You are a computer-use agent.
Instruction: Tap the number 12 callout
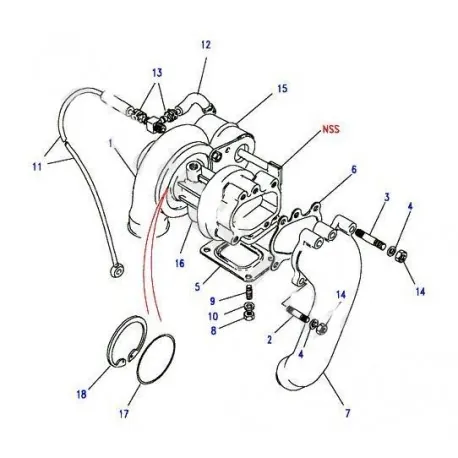(x=206, y=45)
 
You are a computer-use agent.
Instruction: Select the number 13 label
(x=157, y=74)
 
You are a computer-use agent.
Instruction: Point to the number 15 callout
(x=282, y=89)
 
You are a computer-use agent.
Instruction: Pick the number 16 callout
(x=181, y=265)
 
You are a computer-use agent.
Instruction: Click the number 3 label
(x=387, y=199)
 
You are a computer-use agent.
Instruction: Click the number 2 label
(x=270, y=341)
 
